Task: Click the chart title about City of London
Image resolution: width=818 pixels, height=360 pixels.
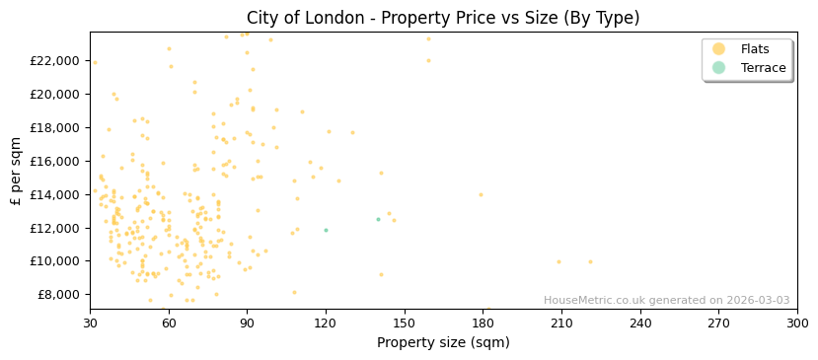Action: [x=443, y=18]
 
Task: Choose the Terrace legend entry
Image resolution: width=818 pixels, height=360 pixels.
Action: [x=763, y=68]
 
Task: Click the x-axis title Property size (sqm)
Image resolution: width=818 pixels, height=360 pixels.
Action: [x=443, y=343]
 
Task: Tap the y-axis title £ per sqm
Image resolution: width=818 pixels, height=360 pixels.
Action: [x=16, y=171]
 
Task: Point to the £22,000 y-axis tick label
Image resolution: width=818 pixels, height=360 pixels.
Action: [x=53, y=61]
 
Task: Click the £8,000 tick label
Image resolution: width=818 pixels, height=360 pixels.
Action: [x=56, y=295]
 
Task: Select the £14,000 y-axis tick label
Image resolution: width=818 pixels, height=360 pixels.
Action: [x=53, y=194]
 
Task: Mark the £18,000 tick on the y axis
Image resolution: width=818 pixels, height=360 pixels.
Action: [x=53, y=128]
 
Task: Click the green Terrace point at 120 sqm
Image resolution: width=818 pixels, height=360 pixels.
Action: [x=326, y=231]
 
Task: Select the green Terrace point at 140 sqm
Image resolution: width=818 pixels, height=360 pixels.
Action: [x=378, y=220]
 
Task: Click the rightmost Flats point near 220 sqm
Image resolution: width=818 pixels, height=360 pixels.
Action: [x=590, y=262]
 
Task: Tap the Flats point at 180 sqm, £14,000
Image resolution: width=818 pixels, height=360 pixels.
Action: [x=482, y=194]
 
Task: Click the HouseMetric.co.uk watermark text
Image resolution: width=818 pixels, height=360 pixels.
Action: [x=666, y=301]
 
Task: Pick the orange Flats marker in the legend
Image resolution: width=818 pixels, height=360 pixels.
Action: [x=718, y=49]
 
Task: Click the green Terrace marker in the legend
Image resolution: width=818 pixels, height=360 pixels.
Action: [x=718, y=68]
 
